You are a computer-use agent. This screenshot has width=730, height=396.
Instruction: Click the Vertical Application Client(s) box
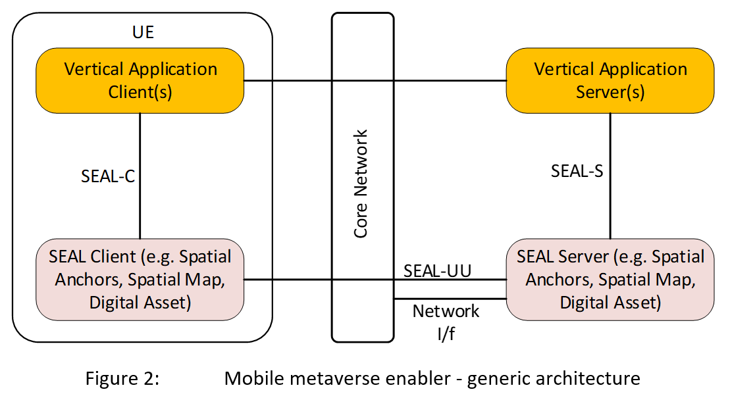click(140, 80)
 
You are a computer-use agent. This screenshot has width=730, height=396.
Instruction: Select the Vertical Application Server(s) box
click(610, 80)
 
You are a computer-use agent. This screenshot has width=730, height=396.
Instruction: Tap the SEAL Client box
click(140, 280)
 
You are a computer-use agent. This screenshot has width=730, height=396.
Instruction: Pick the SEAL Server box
click(610, 280)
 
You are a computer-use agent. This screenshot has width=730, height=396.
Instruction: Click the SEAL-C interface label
click(108, 176)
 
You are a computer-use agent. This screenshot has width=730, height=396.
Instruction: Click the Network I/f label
click(446, 322)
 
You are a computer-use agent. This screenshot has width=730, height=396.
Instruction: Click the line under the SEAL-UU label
click(450, 279)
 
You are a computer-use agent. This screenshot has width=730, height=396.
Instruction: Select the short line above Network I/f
click(450, 299)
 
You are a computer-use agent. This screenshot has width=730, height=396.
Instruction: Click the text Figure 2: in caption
click(122, 379)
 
